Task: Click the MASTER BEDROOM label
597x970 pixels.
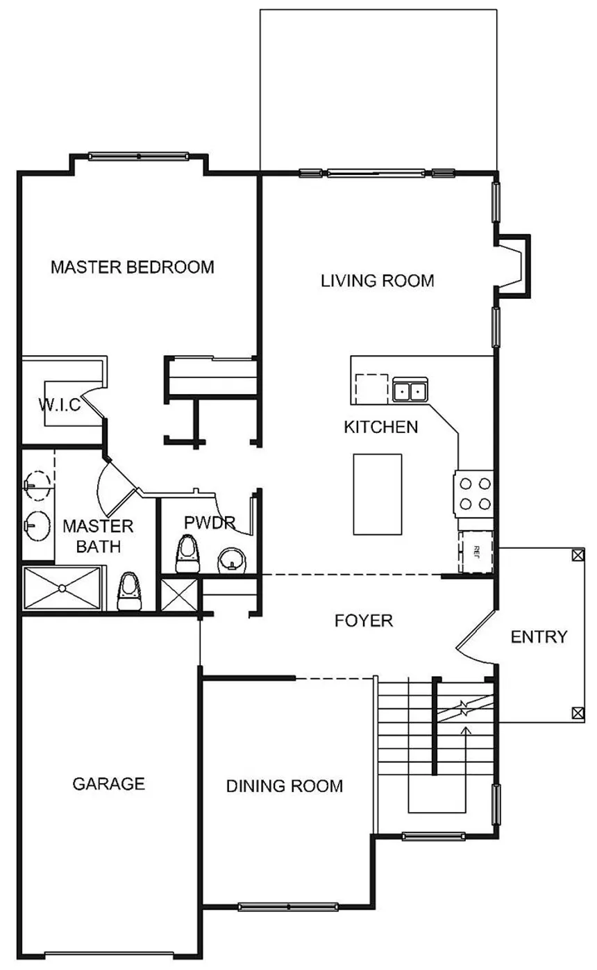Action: tap(133, 267)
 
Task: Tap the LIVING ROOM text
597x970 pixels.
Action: tap(377, 281)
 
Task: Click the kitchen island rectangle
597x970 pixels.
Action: tap(377, 494)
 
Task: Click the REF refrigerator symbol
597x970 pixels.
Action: tap(476, 552)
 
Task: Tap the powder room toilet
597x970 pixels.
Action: tap(187, 554)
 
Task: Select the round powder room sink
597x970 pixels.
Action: tap(233, 561)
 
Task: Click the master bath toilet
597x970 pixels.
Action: tap(130, 591)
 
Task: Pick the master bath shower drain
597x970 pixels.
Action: tap(62, 588)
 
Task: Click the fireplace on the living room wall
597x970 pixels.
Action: tap(513, 266)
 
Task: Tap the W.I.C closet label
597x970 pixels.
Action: tap(60, 405)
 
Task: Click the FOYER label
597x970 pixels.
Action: tap(364, 620)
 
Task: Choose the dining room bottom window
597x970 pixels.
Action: tap(288, 906)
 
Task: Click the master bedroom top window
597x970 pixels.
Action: tap(138, 156)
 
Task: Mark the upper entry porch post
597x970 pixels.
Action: tap(578, 554)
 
